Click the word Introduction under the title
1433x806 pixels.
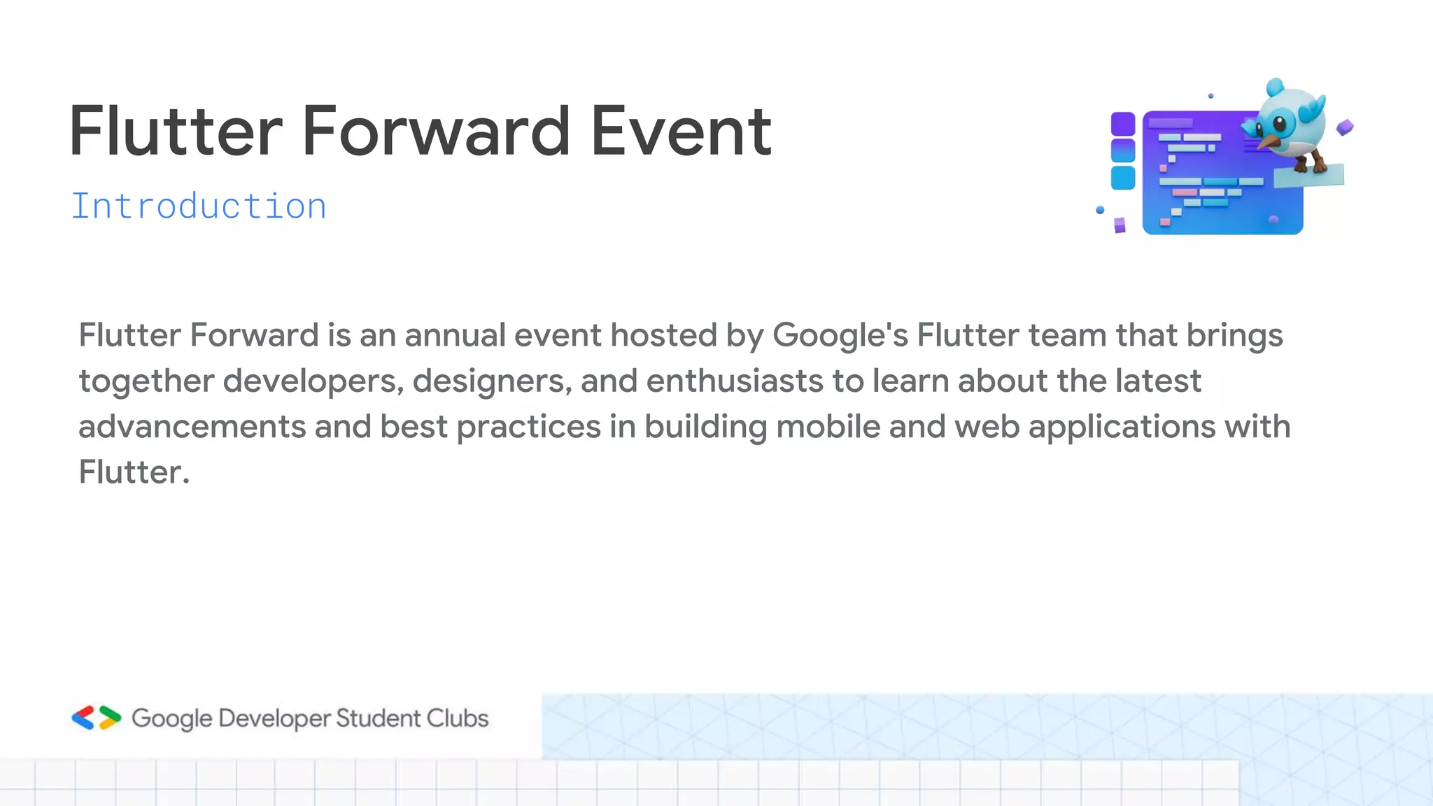[x=199, y=207]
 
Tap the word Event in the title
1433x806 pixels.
[x=681, y=132]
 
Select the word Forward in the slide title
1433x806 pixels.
[x=436, y=132]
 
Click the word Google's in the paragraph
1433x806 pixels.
[x=840, y=336]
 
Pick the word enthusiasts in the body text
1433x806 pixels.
[x=735, y=381]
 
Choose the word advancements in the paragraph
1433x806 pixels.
[x=192, y=427]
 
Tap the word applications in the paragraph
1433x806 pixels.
[x=1122, y=427]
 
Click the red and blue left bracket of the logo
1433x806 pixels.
[x=83, y=718]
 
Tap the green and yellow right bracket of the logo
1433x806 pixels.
[x=109, y=718]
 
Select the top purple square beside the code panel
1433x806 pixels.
[x=1123, y=124]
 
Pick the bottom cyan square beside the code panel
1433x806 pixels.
[x=1123, y=177]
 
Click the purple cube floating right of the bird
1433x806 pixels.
[x=1345, y=127]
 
